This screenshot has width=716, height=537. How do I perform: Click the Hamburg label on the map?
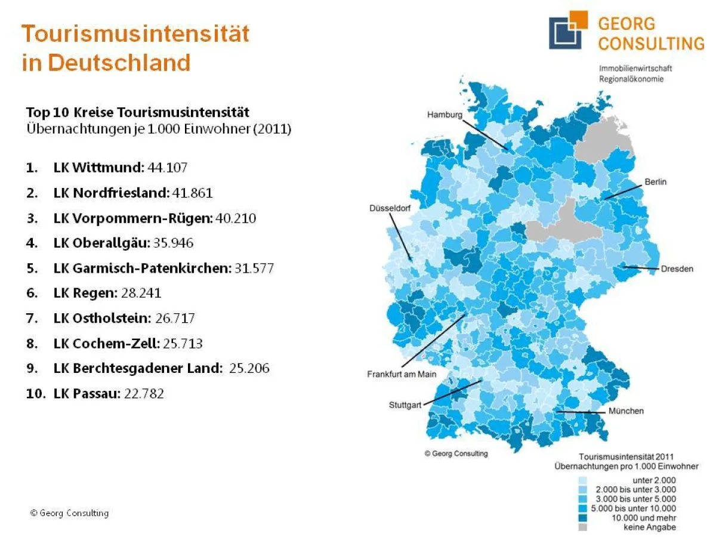click(x=444, y=115)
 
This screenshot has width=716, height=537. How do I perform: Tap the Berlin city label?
click(x=655, y=181)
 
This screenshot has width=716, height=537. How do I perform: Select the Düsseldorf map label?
click(x=389, y=208)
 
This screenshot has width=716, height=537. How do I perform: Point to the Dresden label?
click(x=677, y=268)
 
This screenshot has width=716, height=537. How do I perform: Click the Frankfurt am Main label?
click(x=401, y=374)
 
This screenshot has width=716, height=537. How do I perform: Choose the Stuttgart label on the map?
click(x=405, y=405)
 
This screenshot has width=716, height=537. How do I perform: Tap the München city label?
click(x=626, y=411)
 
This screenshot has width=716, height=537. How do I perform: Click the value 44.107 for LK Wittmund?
click(x=167, y=168)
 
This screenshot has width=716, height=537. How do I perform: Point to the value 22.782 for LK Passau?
click(x=144, y=394)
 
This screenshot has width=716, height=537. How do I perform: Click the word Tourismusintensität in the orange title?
click(x=135, y=33)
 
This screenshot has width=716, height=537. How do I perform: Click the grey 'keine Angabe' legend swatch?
click(x=582, y=527)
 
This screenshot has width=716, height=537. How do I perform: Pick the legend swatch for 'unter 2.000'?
click(x=582, y=480)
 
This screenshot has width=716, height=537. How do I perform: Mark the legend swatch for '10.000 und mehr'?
click(x=582, y=518)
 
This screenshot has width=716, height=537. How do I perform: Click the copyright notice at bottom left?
click(x=69, y=513)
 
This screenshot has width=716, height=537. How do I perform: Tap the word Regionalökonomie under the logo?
click(x=631, y=79)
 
